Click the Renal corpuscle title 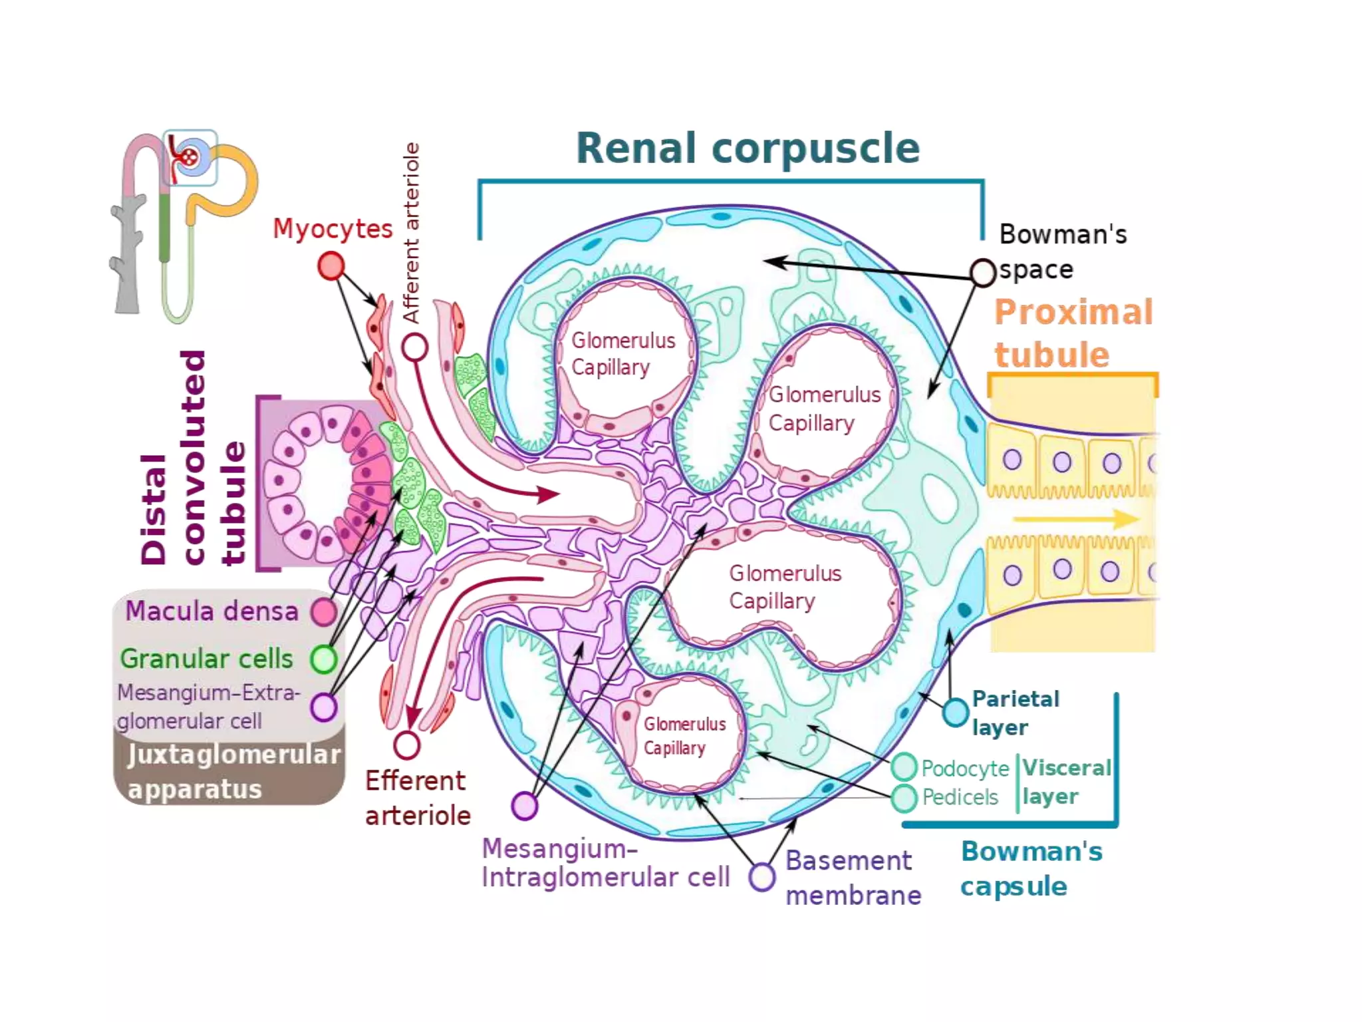[748, 148]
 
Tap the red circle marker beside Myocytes [331, 266]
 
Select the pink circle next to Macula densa [324, 612]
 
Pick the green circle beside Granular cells [324, 659]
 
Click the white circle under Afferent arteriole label [414, 347]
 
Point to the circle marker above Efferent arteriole [406, 745]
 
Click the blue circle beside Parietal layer [955, 712]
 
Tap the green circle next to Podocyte [904, 767]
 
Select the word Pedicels [960, 797]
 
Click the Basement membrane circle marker [762, 876]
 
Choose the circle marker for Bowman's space [982, 273]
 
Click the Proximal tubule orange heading [1072, 333]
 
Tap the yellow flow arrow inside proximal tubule [1075, 519]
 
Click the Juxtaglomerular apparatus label [233, 772]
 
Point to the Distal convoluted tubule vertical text [193, 459]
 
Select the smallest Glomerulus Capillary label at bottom [684, 736]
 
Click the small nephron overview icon [183, 223]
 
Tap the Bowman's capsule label [1031, 868]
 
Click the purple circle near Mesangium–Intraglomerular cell [525, 806]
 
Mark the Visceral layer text [1066, 782]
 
